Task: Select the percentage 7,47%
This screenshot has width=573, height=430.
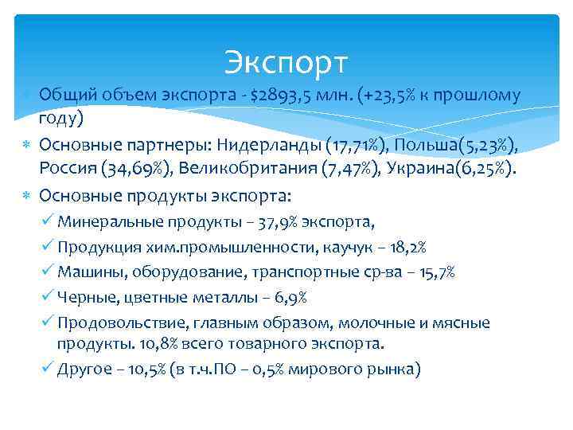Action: tap(331, 170)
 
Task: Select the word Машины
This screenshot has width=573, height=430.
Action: tap(87, 272)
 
